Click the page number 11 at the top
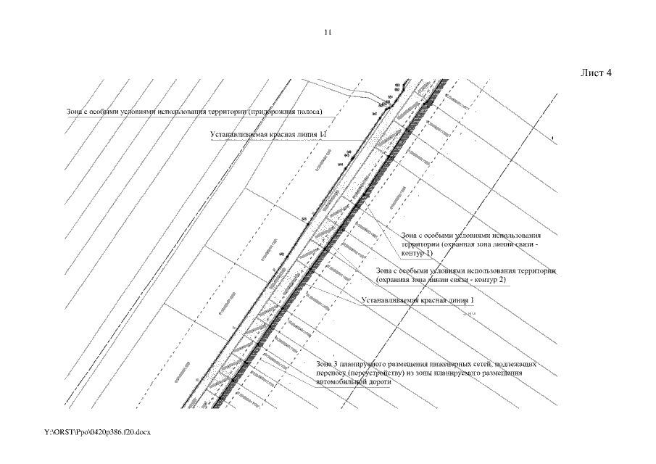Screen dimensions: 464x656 tap(328, 33)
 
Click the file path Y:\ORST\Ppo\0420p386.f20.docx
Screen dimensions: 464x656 tap(96, 432)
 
